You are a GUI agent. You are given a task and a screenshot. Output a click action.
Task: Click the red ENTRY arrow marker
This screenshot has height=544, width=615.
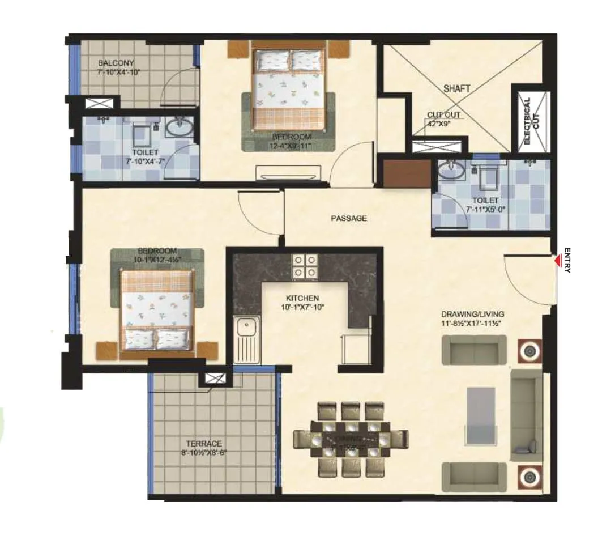click(557, 260)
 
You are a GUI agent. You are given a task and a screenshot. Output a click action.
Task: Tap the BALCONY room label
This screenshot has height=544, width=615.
click(116, 63)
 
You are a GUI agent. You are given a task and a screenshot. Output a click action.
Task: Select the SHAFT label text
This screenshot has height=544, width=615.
click(456, 88)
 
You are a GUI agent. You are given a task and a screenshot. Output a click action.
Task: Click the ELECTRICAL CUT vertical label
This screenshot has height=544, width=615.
click(527, 121)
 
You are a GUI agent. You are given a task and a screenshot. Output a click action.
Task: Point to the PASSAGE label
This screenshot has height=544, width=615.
click(349, 218)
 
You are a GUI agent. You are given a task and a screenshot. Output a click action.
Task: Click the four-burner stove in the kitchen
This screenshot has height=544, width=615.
click(305, 266)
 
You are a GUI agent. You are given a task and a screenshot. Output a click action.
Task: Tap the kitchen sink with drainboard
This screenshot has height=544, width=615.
click(246, 340)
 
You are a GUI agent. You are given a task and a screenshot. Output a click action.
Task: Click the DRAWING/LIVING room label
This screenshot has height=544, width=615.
click(472, 314)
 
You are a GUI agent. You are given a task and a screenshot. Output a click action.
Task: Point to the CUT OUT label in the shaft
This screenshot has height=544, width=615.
click(444, 115)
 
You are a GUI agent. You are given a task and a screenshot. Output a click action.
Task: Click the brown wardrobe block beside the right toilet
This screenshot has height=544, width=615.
click(407, 173)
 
